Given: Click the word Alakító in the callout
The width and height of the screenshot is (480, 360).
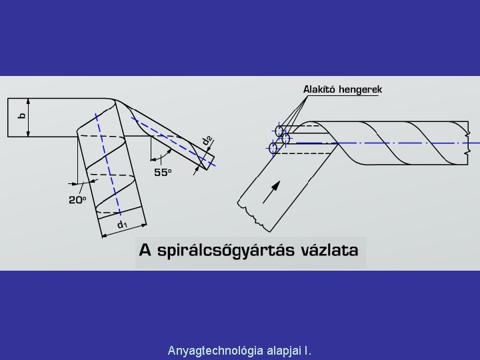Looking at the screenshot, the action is (x=319, y=89).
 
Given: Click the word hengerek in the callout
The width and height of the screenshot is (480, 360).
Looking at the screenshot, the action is (x=361, y=89).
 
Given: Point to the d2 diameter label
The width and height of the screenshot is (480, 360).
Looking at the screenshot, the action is (x=208, y=141).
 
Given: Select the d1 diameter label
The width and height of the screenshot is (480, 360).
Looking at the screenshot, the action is (x=123, y=225).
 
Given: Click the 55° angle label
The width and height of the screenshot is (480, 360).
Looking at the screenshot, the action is (x=163, y=172).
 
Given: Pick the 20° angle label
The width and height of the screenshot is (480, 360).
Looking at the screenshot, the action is (x=77, y=199).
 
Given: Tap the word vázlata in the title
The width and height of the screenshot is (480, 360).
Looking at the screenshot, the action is (x=327, y=251).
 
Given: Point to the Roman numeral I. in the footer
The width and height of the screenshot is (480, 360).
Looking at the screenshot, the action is (x=307, y=350).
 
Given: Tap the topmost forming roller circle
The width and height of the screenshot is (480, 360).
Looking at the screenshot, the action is (x=280, y=130).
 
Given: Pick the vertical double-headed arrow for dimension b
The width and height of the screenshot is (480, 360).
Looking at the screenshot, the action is (x=29, y=117).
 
